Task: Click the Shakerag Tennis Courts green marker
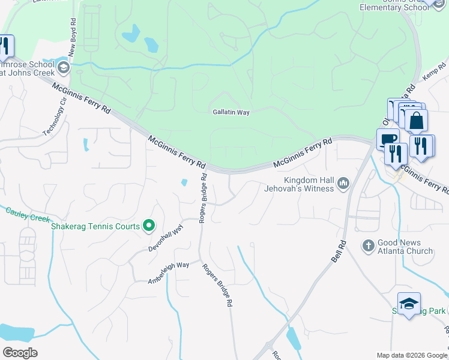(149, 226)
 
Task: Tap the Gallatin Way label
(231, 112)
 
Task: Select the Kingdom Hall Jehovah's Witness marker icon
(343, 182)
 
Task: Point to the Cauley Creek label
(27, 214)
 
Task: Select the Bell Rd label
(339, 251)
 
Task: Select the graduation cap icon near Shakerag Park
(409, 304)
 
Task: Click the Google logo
(20, 353)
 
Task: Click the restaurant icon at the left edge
(5, 46)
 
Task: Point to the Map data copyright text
(412, 355)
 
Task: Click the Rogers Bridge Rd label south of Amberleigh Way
(217, 286)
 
